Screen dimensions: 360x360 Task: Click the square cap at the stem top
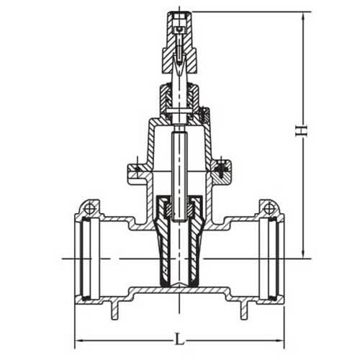(x=176, y=17)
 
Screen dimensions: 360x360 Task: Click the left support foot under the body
(x=114, y=312)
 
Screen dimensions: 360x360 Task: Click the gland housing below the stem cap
(x=176, y=95)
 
